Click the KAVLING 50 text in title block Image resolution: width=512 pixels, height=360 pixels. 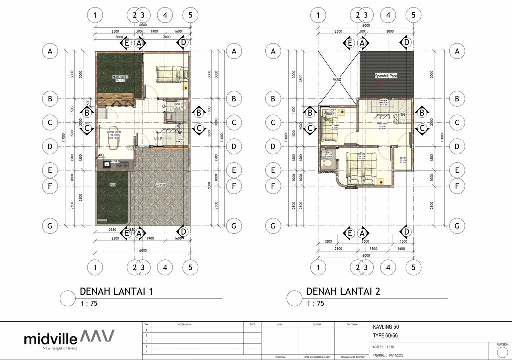(386, 327)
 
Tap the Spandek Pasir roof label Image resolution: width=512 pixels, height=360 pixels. (387, 76)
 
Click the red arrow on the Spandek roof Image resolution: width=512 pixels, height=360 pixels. (387, 84)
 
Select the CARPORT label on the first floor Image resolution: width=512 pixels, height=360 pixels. (160, 185)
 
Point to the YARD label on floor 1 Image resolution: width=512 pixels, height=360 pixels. (112, 186)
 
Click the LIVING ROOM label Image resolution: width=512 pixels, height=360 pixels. (115, 132)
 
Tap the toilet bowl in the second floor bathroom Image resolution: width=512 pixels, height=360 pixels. (327, 163)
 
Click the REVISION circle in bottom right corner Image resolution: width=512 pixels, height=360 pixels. (502, 352)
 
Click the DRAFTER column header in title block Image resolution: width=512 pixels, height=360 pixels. (316, 324)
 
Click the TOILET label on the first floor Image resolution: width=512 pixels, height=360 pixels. (178, 104)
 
